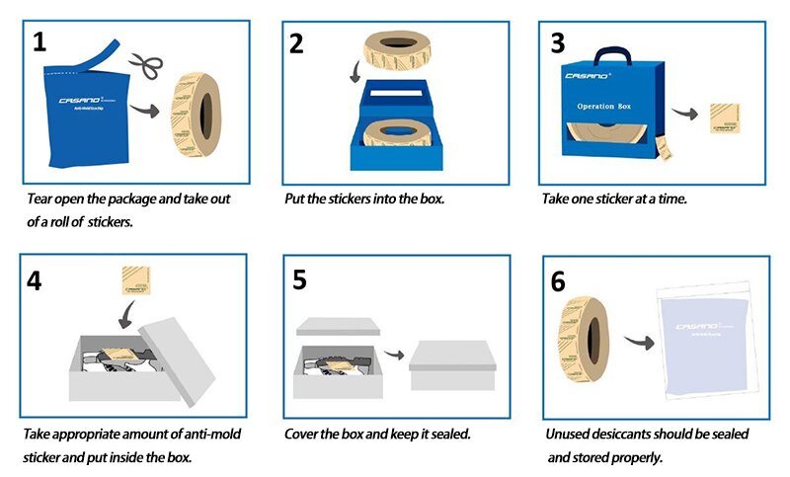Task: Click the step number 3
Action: (x=558, y=42)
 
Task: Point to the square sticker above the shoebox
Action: (x=136, y=282)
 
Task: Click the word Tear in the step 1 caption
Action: (x=39, y=199)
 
